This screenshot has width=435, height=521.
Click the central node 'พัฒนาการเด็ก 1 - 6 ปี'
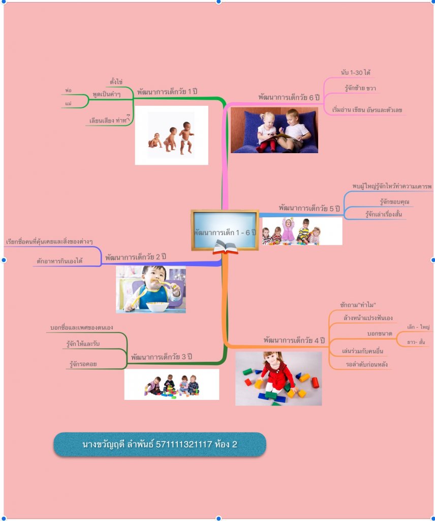tap(225, 232)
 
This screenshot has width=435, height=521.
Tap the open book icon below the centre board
tap(225, 248)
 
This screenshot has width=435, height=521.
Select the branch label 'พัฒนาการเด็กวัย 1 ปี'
tap(167, 92)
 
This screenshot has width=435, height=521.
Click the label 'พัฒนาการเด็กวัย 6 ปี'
tap(292, 96)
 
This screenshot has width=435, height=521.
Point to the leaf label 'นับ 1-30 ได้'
tap(355, 72)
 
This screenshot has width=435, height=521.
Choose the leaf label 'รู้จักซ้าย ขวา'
tap(360, 88)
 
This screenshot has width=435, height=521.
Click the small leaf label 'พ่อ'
tap(68, 90)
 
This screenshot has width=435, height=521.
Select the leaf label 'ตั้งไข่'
tap(116, 81)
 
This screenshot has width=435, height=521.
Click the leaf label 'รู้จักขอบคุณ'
tap(394, 202)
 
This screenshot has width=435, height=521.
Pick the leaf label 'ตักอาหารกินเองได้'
tap(59, 260)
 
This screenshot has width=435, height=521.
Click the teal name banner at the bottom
tap(160, 444)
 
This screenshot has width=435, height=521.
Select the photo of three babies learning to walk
tap(171, 135)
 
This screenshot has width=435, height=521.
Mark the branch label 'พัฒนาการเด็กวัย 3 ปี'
tap(161, 357)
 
